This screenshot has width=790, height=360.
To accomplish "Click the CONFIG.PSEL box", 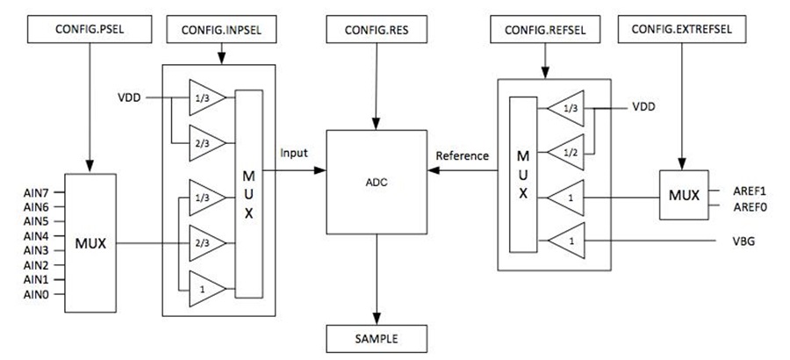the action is click(90, 29).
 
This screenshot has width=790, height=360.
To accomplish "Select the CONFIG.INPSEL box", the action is click(221, 29).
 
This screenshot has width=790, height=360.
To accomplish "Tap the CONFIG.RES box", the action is click(377, 29).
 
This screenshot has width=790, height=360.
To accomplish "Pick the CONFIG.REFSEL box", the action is click(544, 29).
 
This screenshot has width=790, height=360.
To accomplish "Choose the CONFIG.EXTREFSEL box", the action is click(682, 29).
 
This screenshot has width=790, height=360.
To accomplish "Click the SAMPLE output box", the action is click(377, 339).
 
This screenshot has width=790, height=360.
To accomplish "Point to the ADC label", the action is click(377, 183).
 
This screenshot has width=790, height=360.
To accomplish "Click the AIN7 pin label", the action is click(36, 191).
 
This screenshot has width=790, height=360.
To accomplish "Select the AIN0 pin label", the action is click(36, 295).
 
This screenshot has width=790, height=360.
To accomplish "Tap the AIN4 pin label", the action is click(36, 236).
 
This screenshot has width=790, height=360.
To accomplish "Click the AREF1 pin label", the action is click(750, 191).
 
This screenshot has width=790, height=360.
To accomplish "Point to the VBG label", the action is click(743, 241).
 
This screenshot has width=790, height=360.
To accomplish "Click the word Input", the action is click(294, 154).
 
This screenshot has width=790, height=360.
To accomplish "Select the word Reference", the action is click(462, 155).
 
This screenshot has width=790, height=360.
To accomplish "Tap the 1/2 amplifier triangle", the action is click(566, 152).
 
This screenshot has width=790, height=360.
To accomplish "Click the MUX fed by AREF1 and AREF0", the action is click(684, 195).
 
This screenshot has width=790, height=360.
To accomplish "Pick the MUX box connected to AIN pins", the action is click(90, 243).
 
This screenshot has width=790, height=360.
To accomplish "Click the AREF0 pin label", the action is click(750, 206).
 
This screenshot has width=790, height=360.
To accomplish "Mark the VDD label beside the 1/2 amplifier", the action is click(644, 107).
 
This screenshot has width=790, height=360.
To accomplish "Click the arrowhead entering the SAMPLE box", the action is click(377, 320).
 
